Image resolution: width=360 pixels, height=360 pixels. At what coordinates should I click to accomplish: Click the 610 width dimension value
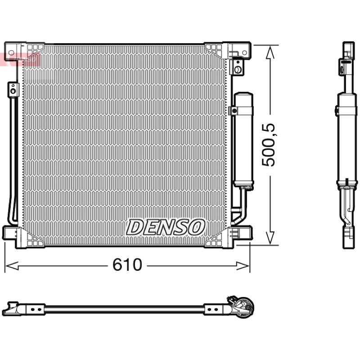tap(127, 265)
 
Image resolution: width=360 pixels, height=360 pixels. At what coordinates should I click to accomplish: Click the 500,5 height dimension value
tap(268, 145)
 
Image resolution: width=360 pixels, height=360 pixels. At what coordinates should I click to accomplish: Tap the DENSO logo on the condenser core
tap(165, 227)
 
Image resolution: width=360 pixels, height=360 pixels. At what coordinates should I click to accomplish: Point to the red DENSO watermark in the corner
tap(20, 59)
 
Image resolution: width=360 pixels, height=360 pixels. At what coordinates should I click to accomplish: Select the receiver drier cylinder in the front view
tap(243, 139)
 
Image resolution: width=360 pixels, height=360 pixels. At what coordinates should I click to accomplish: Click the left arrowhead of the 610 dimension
tap(12, 265)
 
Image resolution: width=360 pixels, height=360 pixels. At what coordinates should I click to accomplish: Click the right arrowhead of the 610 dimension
tap(243, 265)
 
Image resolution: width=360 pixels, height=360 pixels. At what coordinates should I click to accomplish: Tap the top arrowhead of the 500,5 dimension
tap(270, 52)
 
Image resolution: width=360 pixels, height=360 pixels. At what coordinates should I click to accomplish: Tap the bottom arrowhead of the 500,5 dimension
tap(270, 238)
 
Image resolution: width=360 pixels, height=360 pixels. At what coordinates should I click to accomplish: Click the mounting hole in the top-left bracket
tap(11, 53)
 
